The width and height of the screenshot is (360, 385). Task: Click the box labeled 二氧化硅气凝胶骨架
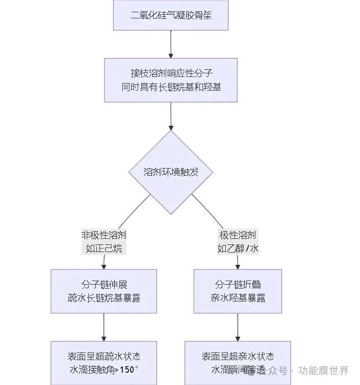point(171,15)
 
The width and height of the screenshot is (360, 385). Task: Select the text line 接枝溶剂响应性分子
point(171,73)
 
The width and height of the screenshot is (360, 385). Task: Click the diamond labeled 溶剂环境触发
point(171,172)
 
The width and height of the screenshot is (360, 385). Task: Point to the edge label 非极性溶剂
point(104,235)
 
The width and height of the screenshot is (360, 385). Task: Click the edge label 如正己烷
point(104,249)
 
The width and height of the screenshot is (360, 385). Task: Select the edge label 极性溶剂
point(238,235)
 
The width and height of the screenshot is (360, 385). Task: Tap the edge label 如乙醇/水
point(238,249)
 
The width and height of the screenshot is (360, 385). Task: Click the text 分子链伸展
point(104,284)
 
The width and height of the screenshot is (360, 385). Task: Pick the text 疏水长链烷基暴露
point(104,298)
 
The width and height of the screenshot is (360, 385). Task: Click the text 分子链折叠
point(238,284)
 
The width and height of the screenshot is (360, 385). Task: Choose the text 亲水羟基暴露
point(238,298)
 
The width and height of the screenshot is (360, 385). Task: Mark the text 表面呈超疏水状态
point(104,356)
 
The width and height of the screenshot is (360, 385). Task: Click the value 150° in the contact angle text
point(128,370)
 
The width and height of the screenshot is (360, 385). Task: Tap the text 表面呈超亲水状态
point(238,356)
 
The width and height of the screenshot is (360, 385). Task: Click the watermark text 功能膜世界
point(324,371)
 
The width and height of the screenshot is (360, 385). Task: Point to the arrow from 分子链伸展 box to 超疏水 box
point(104,327)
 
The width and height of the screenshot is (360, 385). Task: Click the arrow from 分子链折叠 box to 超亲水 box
point(238,327)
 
